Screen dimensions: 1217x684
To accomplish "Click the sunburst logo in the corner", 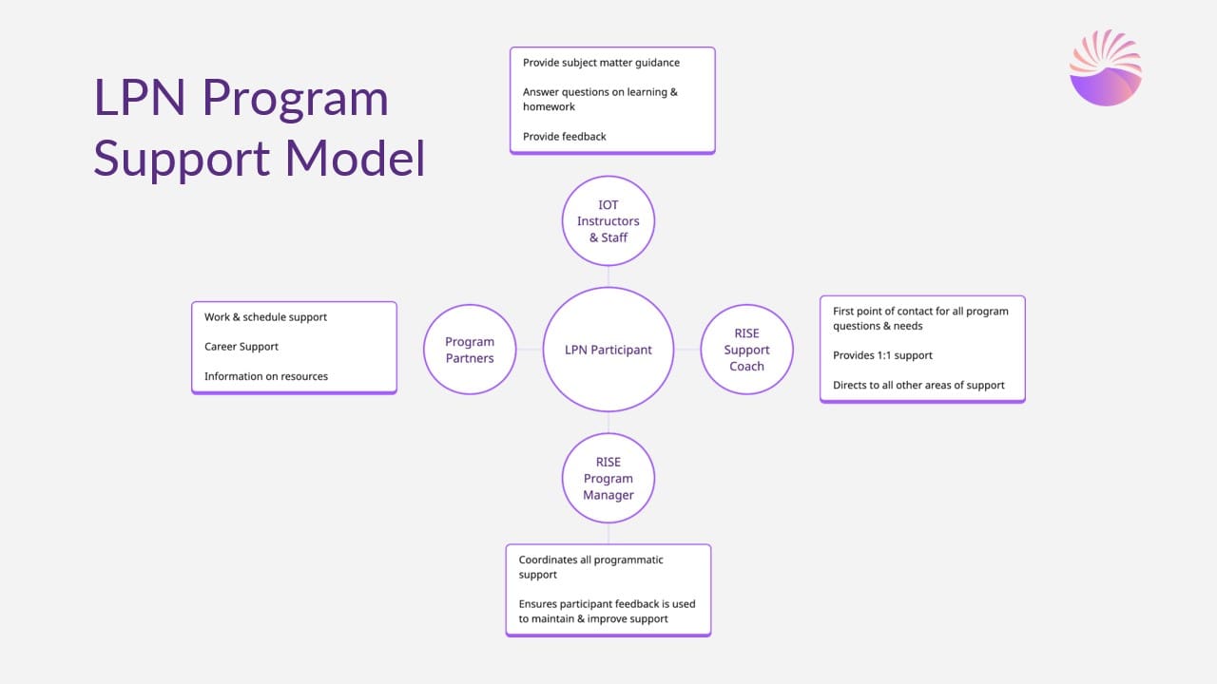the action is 1106,67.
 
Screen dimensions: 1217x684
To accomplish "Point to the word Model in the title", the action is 355,158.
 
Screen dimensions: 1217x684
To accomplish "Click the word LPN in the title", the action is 140,98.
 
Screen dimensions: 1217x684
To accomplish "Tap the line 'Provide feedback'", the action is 564,136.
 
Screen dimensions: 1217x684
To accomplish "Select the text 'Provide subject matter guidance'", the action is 601,63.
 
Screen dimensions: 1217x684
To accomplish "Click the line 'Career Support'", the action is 241,347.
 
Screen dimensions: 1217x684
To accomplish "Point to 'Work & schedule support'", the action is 265,317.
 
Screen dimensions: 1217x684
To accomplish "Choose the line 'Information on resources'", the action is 265,376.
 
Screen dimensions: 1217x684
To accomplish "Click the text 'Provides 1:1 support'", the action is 882,355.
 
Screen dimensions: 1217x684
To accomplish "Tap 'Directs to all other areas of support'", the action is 918,385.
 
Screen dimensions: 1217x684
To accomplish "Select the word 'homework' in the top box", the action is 549,107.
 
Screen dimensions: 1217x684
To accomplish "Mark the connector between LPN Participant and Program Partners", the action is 530,350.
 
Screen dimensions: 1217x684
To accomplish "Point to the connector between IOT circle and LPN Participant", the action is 608,276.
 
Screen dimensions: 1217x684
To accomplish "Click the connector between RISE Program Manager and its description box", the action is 608,534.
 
